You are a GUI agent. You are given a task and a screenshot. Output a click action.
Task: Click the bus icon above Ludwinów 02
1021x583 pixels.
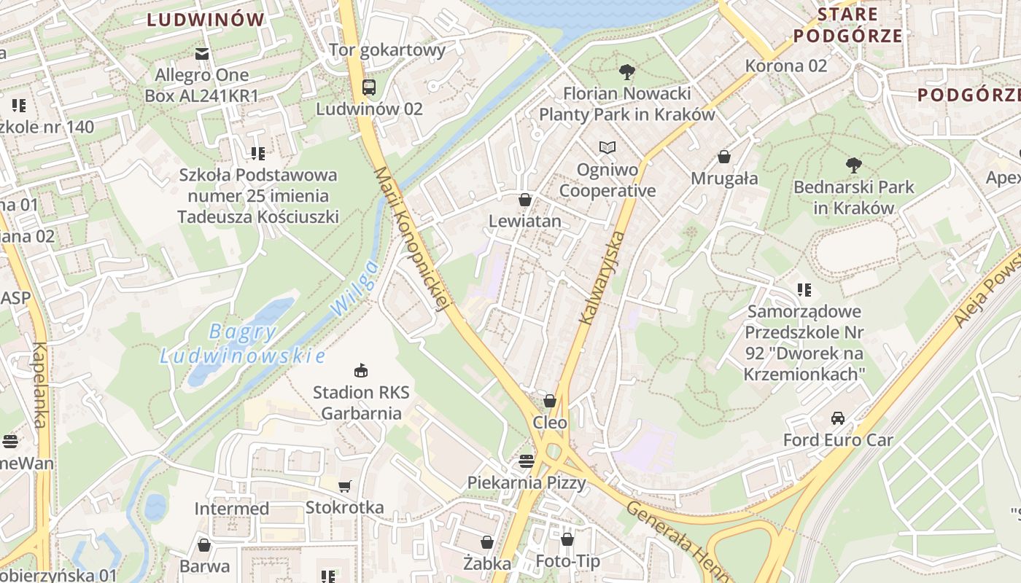(369, 87)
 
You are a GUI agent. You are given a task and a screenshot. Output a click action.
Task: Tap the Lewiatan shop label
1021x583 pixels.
(525, 221)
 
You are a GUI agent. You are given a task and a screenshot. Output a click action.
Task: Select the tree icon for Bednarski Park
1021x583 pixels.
(853, 165)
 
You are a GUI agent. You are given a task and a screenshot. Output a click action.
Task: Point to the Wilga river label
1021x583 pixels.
(355, 288)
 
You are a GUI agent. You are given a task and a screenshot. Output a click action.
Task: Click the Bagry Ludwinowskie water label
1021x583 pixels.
(242, 344)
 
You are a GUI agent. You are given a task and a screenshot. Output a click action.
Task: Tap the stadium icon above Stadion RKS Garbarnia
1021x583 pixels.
(360, 371)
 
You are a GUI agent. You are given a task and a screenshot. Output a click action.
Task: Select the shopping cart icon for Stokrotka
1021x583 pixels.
(345, 486)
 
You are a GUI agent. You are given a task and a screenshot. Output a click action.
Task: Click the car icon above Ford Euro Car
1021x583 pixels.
(837, 418)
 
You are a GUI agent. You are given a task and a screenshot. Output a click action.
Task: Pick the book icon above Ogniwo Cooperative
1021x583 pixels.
(607, 148)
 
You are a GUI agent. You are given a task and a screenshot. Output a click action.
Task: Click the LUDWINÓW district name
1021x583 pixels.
(206, 20)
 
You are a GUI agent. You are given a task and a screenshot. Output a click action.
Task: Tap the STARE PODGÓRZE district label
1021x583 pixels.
(847, 25)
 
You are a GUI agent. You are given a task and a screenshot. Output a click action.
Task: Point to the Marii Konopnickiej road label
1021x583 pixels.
(411, 239)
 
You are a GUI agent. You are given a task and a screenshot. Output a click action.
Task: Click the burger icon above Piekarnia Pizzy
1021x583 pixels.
(526, 461)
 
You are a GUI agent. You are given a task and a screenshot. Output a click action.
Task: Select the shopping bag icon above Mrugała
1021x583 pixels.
(724, 157)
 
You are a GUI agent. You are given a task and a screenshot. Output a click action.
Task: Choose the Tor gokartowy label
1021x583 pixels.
(387, 50)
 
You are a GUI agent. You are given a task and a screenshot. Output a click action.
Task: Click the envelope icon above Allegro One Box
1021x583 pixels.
(202, 53)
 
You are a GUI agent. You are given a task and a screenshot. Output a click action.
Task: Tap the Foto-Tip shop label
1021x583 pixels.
(567, 561)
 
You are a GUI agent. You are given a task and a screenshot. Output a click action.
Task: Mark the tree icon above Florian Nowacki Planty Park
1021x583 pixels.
(626, 71)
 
